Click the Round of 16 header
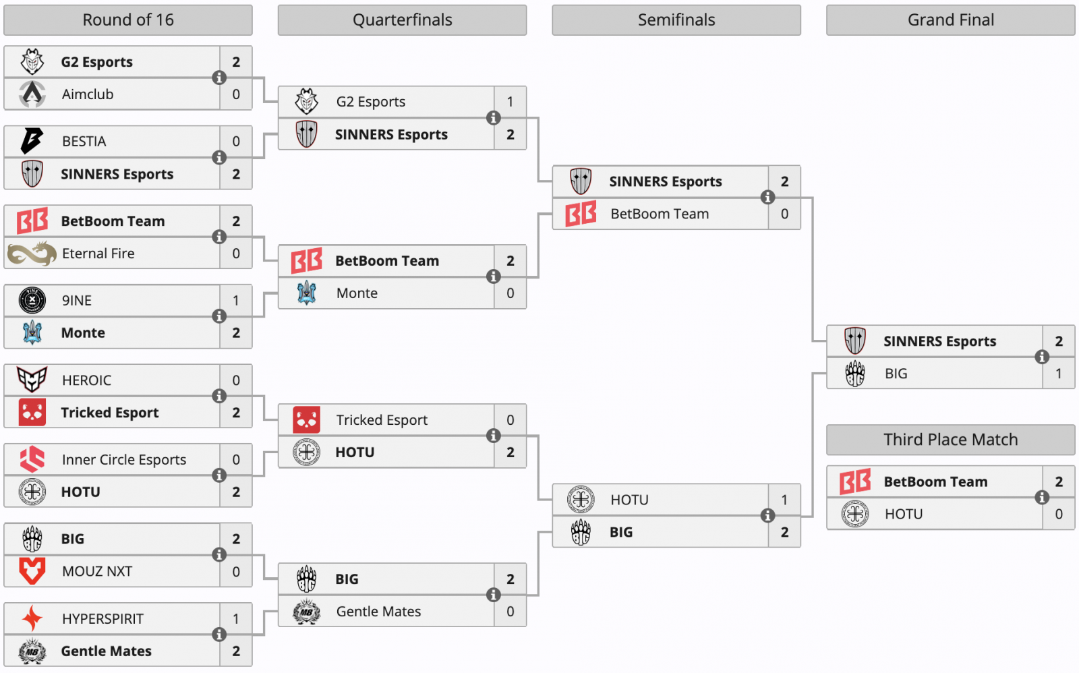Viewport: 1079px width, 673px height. [x=128, y=20]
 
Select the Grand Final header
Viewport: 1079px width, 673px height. [x=950, y=20]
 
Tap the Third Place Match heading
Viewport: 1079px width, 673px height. [x=950, y=440]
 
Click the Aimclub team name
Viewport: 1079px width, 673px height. [x=88, y=94]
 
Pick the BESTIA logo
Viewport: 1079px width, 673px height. [x=32, y=141]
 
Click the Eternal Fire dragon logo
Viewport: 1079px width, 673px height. [x=32, y=254]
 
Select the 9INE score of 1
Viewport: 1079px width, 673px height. [x=236, y=301]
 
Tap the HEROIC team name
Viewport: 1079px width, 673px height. [x=86, y=380]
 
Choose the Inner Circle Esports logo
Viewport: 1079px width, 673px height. [x=32, y=459]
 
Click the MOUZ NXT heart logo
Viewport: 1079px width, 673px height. [x=32, y=571]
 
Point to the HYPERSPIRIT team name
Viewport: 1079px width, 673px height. [x=103, y=619]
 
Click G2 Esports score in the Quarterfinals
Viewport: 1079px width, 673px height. [x=511, y=102]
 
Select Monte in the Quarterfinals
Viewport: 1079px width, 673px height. [x=357, y=293]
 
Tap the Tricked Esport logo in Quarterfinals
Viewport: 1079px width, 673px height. [x=306, y=420]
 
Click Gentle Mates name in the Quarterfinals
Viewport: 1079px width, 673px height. [x=378, y=612]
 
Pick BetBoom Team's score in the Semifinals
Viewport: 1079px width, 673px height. [x=784, y=214]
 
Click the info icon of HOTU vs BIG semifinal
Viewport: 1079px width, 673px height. [x=767, y=516]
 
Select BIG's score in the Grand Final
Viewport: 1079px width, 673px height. [x=1059, y=374]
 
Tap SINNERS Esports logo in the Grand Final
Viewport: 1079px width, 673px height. [x=854, y=341]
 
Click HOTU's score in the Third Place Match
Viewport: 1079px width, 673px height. [x=1059, y=514]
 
